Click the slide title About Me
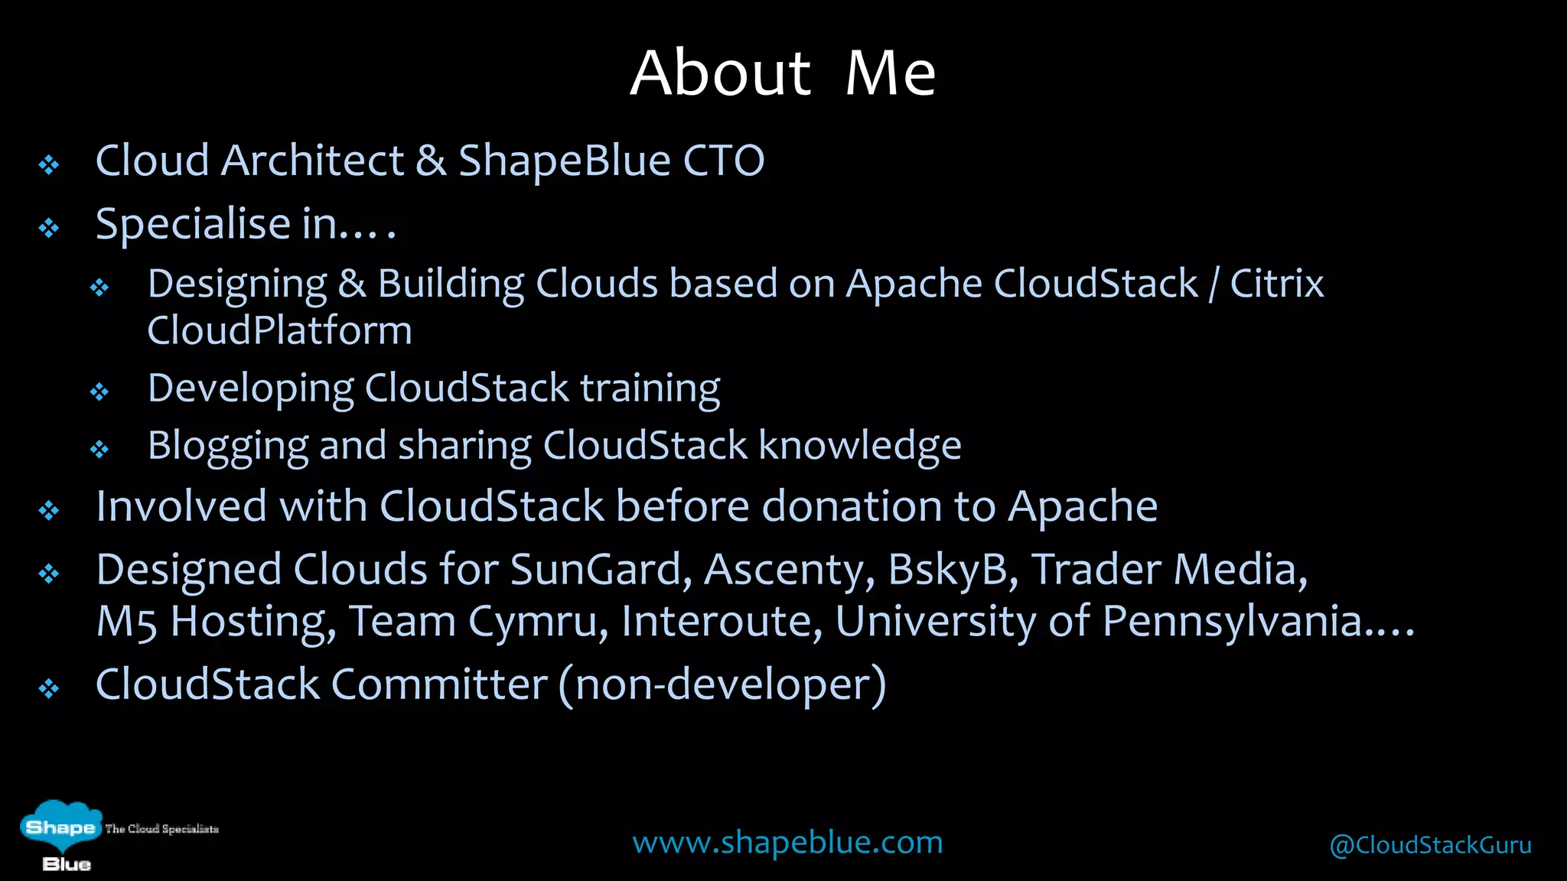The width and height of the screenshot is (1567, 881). [783, 73]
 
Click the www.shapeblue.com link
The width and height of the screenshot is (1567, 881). [787, 842]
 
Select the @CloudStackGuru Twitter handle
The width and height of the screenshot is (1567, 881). [1430, 845]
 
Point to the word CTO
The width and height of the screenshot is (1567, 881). [723, 161]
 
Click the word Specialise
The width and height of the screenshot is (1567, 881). [194, 225]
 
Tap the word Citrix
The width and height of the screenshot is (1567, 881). [1276, 284]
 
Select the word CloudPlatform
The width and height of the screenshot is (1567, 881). [279, 330]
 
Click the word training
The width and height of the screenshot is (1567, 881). [650, 388]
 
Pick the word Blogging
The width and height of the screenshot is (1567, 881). [228, 446]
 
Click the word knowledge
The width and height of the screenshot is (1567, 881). [859, 446]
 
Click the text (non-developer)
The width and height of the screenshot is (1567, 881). [722, 684]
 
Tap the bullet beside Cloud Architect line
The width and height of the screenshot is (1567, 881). [49, 165]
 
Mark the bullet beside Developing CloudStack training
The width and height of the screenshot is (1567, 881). [99, 392]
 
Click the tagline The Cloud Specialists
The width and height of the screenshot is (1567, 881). [161, 829]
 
